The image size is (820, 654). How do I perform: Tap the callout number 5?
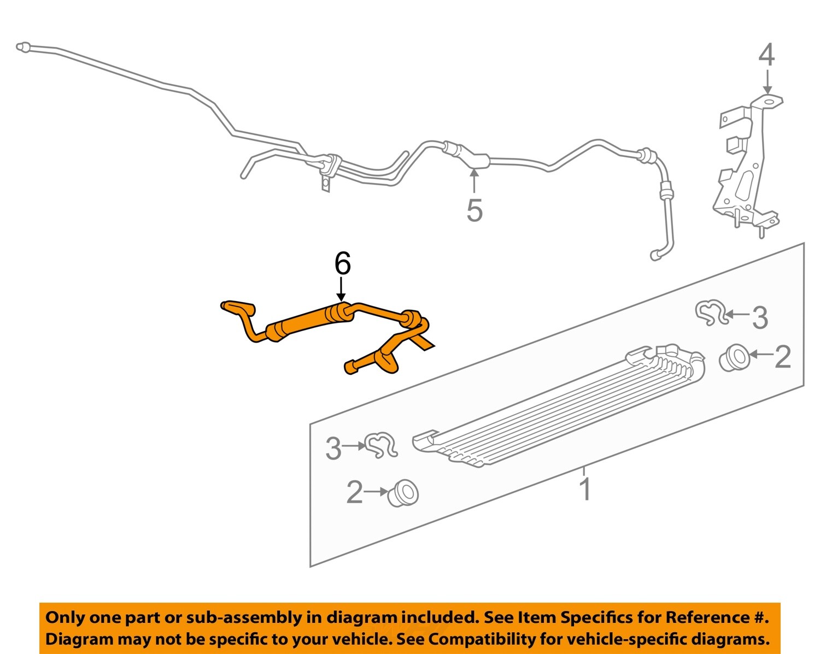(x=475, y=210)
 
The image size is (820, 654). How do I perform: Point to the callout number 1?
(x=586, y=490)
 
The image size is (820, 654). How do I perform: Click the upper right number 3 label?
(x=760, y=317)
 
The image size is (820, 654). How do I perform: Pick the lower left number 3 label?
(x=334, y=449)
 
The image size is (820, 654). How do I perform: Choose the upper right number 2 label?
(x=783, y=357)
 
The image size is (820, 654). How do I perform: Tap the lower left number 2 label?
(x=355, y=492)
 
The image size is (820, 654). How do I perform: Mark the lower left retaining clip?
(x=381, y=445)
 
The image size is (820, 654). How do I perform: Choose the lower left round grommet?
(x=403, y=493)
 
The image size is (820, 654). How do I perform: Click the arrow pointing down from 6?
(x=341, y=289)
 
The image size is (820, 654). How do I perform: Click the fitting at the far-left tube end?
(x=24, y=47)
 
